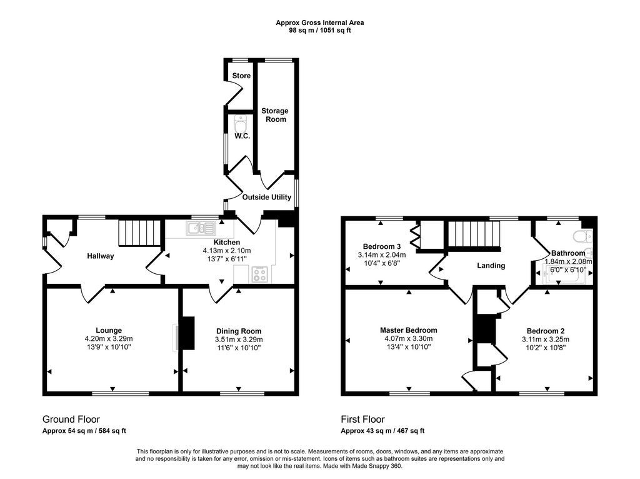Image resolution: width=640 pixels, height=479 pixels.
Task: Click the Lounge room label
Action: point(109,330)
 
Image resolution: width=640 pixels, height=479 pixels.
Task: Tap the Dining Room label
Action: point(239,331)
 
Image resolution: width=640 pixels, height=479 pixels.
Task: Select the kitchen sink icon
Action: point(201,228)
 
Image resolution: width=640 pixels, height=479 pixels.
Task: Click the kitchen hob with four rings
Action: point(260,274)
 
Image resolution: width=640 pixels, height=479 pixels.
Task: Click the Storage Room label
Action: point(275,115)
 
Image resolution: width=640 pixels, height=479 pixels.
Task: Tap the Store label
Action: point(241,76)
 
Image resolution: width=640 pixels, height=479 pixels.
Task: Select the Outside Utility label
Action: point(266,197)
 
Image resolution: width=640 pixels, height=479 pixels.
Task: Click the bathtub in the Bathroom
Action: point(565,275)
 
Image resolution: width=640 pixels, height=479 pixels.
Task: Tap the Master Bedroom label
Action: point(408,330)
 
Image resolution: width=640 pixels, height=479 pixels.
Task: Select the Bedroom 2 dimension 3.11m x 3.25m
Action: point(545,340)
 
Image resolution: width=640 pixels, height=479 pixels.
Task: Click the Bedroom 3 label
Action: point(382,246)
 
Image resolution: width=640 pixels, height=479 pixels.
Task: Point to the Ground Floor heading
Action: point(71,420)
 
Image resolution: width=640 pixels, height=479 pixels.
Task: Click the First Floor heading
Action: point(363,420)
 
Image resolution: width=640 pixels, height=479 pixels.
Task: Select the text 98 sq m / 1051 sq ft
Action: point(320,30)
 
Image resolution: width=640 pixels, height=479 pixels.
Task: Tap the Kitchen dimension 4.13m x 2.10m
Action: point(227,251)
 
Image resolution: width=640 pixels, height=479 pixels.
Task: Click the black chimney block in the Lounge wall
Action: point(187,333)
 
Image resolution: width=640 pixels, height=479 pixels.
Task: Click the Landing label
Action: point(491,266)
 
